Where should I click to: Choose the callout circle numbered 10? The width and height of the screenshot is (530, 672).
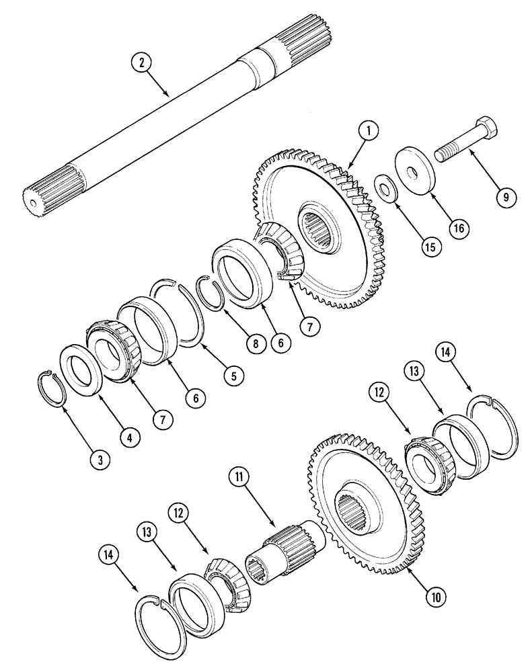point(437,594)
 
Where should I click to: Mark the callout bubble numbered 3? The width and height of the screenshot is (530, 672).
point(100,460)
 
